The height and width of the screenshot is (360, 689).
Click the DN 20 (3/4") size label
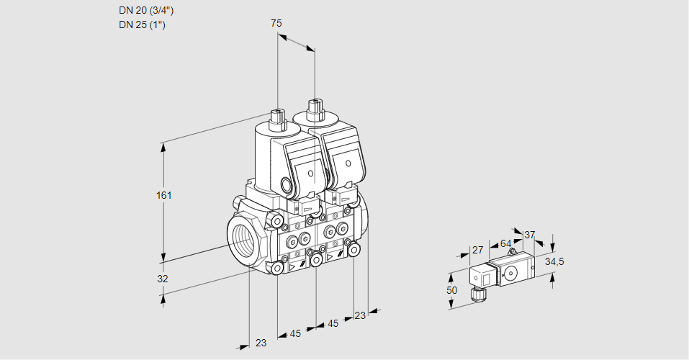pyautogui.click(x=146, y=11)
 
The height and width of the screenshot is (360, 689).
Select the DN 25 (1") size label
pyautogui.click(x=143, y=25)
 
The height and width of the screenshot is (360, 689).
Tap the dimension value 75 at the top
pyautogui.click(x=276, y=24)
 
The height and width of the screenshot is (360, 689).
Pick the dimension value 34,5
pyautogui.click(x=554, y=261)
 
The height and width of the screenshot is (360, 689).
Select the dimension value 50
pyautogui.click(x=452, y=289)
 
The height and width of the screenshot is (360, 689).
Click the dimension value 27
pyautogui.click(x=477, y=251)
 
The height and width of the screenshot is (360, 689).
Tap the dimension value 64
pyautogui.click(x=505, y=243)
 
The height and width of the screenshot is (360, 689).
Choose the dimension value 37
pyautogui.click(x=530, y=235)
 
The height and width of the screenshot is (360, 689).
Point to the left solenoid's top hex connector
pyautogui.click(x=277, y=117)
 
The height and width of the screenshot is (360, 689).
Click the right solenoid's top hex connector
pyautogui.click(x=314, y=110)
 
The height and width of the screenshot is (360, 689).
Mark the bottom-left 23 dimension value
pyautogui.click(x=261, y=343)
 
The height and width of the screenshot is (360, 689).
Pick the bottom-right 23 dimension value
pyautogui.click(x=360, y=315)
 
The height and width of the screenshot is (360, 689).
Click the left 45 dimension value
pyautogui.click(x=295, y=333)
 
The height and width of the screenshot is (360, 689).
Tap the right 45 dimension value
pyautogui.click(x=333, y=324)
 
